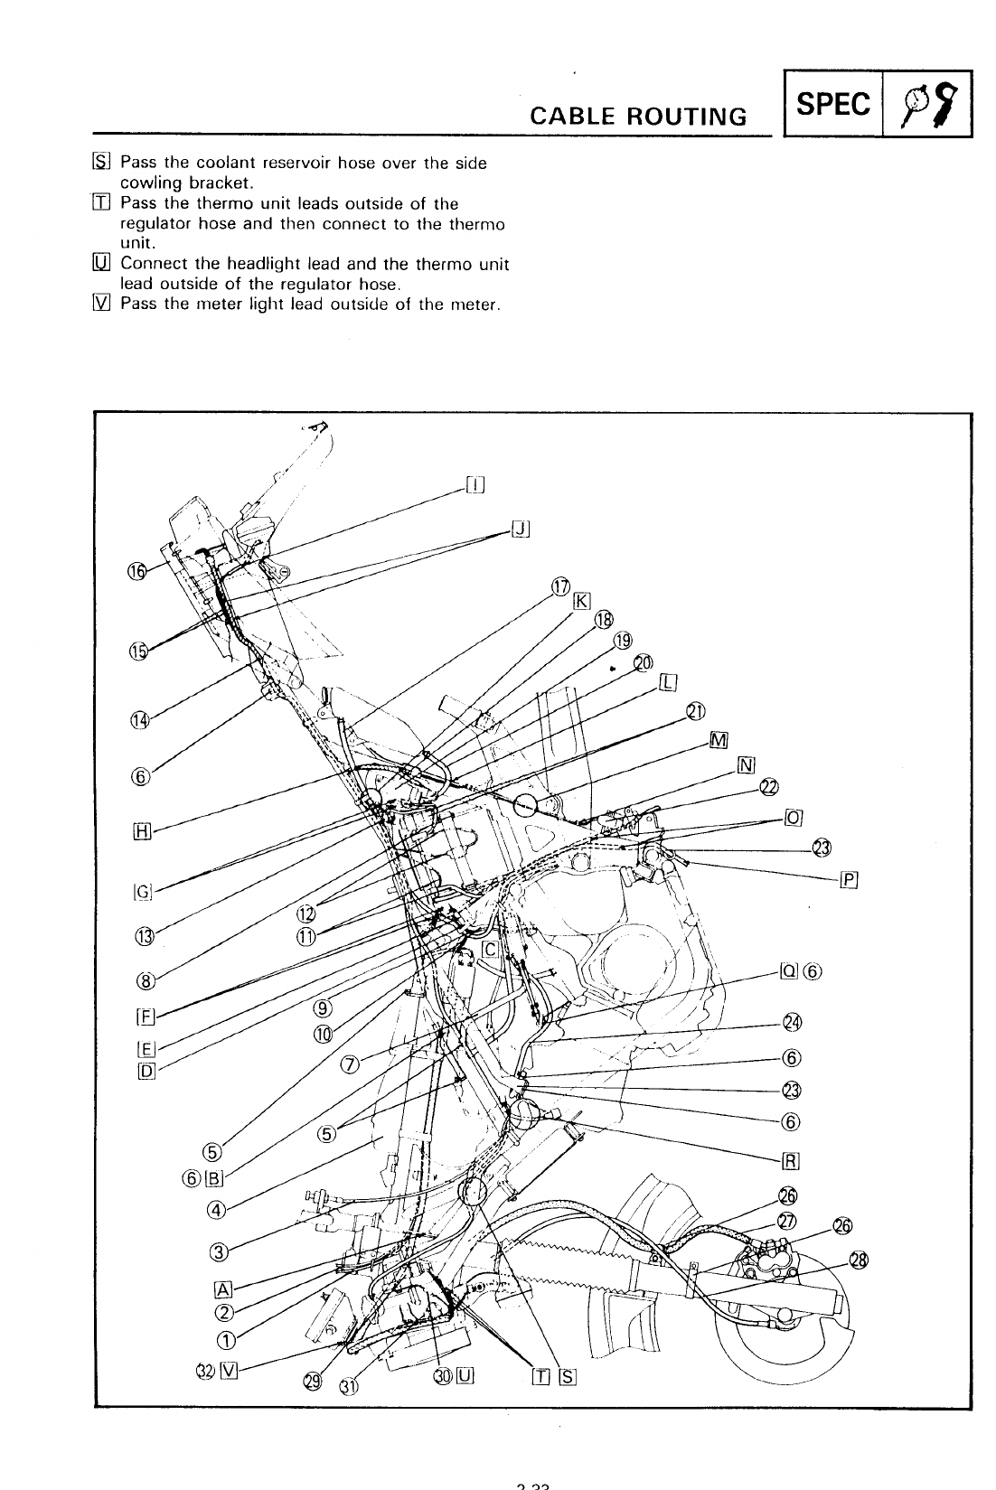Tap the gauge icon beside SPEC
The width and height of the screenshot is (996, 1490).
[x=927, y=105]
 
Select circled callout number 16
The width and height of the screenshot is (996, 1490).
[x=136, y=571]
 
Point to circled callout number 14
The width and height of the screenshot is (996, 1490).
[x=138, y=720]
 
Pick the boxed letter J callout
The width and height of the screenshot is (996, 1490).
[x=520, y=529]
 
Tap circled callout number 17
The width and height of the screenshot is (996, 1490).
[x=560, y=588]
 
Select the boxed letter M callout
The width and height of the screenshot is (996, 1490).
[x=719, y=741]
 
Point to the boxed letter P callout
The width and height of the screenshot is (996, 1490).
[x=848, y=879]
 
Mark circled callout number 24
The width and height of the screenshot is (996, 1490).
[x=793, y=1022]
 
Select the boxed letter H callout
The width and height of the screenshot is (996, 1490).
[x=140, y=832]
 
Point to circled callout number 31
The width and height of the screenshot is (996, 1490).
[x=348, y=1386]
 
